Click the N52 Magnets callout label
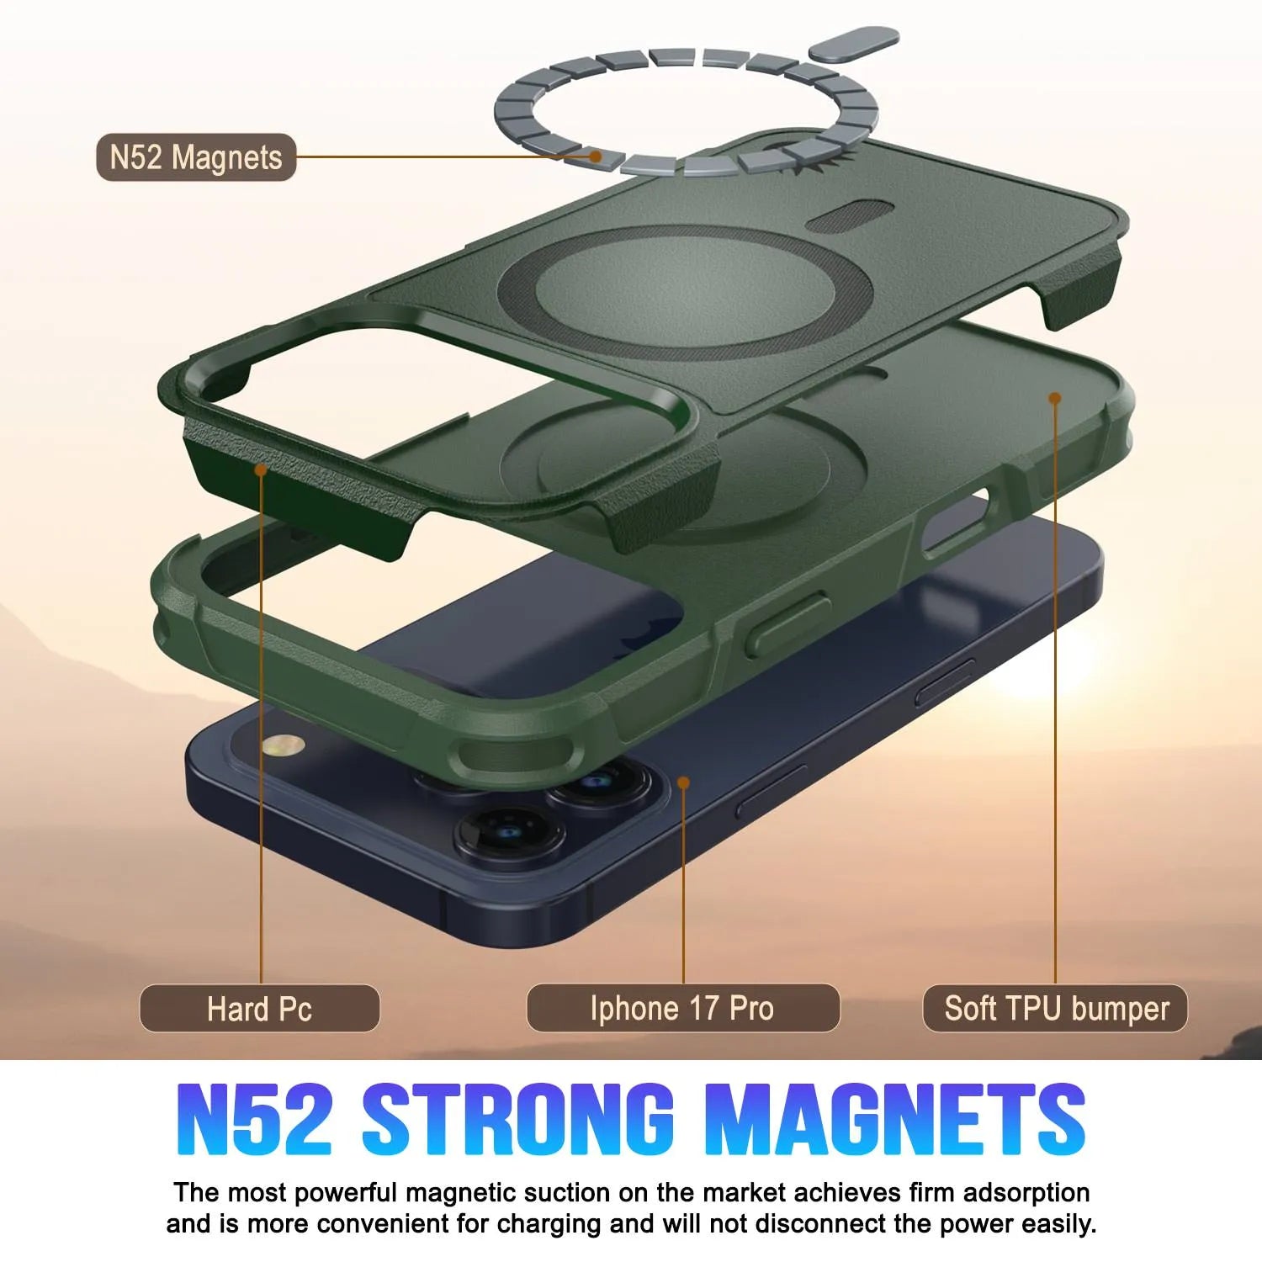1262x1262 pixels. [196, 157]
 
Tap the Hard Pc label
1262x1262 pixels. [259, 1008]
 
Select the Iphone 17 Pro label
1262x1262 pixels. [682, 1008]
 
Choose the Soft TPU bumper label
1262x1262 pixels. [1056, 1008]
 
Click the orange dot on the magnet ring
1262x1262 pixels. [596, 156]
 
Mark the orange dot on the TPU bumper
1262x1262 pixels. [1054, 397]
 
